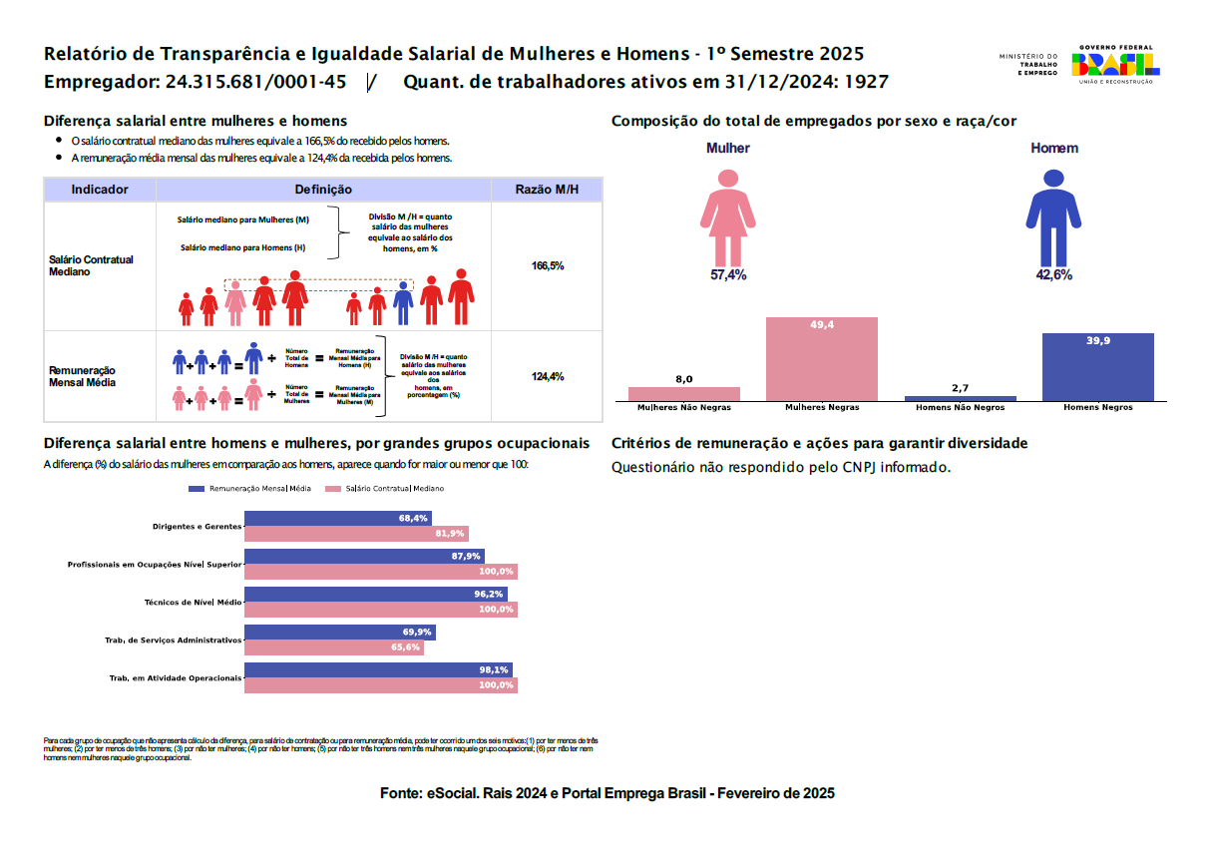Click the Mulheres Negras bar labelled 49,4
821,359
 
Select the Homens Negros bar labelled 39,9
1097,367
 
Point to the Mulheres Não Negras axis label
684,408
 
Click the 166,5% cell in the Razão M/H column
548,266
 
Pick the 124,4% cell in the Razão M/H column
548,376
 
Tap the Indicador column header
100,190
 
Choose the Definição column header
323,190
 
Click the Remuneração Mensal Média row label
83,376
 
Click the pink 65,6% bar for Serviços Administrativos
333,647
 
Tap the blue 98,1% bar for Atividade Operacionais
378,670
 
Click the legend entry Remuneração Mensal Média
249,489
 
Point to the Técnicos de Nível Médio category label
193,603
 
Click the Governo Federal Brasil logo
1114,64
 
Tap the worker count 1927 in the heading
865,82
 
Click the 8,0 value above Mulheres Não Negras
684,379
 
